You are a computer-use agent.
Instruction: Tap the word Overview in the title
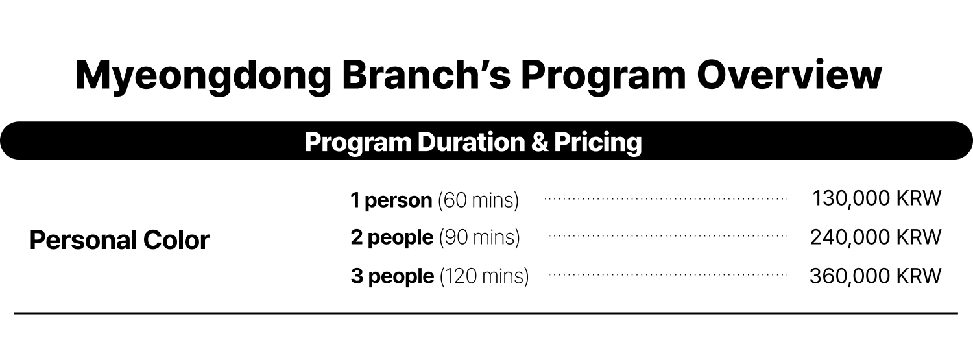pos(789,75)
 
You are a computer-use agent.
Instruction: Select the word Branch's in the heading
pos(426,74)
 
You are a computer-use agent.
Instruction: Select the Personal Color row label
pos(119,240)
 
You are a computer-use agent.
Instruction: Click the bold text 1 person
pos(391,200)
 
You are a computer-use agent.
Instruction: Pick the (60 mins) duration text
pos(478,200)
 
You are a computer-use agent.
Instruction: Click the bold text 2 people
pos(392,237)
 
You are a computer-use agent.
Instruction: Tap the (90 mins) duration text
pos(479,237)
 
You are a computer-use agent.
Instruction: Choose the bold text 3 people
pos(392,276)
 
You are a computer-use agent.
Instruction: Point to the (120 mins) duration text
pos(485,276)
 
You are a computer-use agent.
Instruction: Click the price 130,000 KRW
pos(876,198)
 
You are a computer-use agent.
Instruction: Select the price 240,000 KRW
pos(876,237)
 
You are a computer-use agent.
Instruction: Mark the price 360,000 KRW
pos(876,276)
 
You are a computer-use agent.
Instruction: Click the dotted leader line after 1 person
pos(666,199)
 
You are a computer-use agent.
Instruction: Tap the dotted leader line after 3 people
pos(669,275)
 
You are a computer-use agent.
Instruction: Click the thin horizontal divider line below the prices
pos(486,313)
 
